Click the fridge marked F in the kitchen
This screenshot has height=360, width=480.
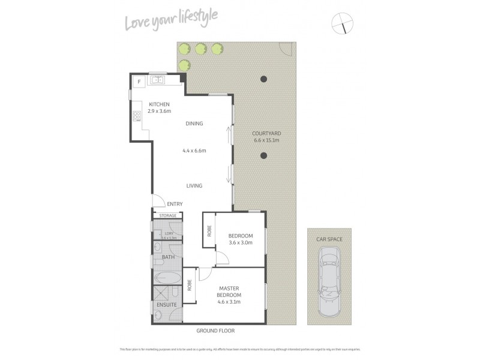pyautogui.click(x=139, y=81)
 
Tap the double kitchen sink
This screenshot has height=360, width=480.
pyautogui.click(x=158, y=79)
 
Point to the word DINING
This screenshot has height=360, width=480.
pyautogui.click(x=194, y=124)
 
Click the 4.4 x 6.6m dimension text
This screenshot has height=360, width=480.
pyautogui.click(x=194, y=151)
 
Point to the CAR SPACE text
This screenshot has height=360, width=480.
pyautogui.click(x=328, y=238)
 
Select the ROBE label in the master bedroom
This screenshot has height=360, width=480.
pyautogui.click(x=189, y=284)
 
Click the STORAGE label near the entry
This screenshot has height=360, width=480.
pyautogui.click(x=168, y=215)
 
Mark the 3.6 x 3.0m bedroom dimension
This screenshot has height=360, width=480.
pyautogui.click(x=240, y=242)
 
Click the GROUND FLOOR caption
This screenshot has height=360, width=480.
pyautogui.click(x=215, y=331)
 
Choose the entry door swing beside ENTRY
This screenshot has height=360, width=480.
pyautogui.click(x=158, y=202)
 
